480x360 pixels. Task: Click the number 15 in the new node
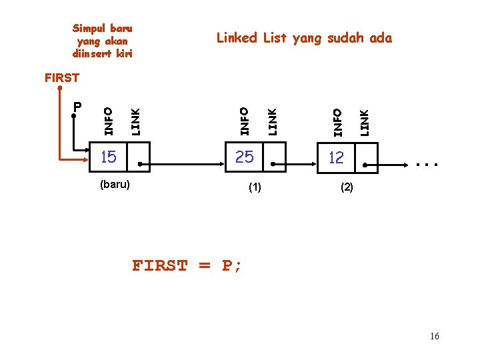108,157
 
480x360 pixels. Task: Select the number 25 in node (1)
245,157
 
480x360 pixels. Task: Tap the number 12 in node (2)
335,157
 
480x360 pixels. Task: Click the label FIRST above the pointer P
61,78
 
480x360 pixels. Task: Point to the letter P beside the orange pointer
77,107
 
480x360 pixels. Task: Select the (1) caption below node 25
255,188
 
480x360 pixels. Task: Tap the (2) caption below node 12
347,188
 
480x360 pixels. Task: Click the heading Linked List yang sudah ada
304,38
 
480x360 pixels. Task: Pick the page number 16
435,336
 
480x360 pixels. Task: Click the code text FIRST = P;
187,266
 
